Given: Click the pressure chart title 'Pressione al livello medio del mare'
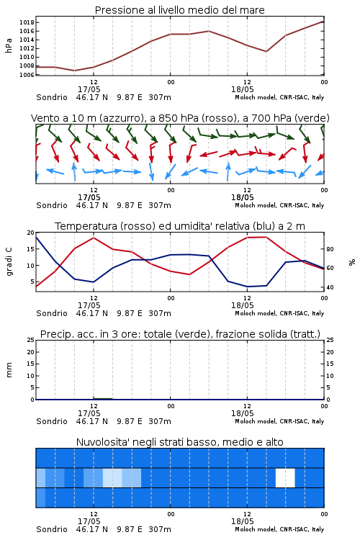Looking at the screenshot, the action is pyautogui.click(x=179, y=10).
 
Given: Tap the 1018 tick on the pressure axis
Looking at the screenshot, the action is pyautogui.click(x=27, y=23).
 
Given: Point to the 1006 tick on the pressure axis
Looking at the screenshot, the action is pyautogui.click(x=27, y=75).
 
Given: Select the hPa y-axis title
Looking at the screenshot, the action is pyautogui.click(x=9, y=45).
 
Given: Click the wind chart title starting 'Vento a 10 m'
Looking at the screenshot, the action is pyautogui.click(x=180, y=118).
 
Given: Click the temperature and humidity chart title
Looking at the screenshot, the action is pyautogui.click(x=180, y=226).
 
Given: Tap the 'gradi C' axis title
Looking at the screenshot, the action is pyautogui.click(x=9, y=262).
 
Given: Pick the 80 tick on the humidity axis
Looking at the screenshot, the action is pyautogui.click(x=330, y=249).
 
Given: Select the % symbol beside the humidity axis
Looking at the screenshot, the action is pyautogui.click(x=352, y=262).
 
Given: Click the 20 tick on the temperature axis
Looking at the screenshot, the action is pyautogui.click(x=31, y=233).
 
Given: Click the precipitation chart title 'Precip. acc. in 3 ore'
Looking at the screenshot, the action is pyautogui.click(x=180, y=334).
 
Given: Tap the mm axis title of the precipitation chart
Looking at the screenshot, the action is pyautogui.click(x=9, y=370).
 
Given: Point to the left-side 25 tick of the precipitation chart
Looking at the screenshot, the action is pyautogui.click(x=31, y=341).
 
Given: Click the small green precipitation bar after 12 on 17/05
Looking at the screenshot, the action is pyautogui.click(x=103, y=398).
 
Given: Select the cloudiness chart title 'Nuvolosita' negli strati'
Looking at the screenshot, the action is pyautogui.click(x=180, y=442).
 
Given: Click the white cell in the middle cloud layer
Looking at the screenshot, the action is pyautogui.click(x=285, y=477).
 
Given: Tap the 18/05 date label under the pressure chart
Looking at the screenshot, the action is pyautogui.click(x=243, y=89).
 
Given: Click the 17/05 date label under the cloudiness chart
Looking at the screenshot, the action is pyautogui.click(x=89, y=521).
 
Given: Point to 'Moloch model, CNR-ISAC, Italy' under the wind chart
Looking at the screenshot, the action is pyautogui.click(x=279, y=205).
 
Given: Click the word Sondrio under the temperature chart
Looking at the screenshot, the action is pyautogui.click(x=52, y=313).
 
